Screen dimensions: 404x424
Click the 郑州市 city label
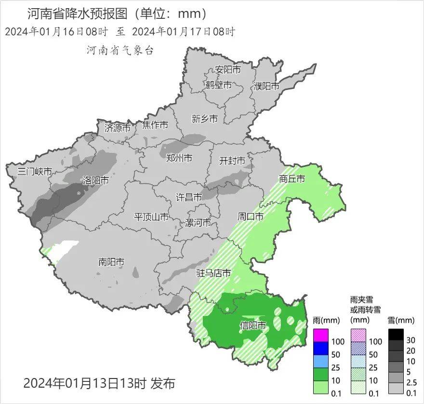179,158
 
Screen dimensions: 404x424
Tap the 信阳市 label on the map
253,326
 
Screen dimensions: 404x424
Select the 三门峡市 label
34,172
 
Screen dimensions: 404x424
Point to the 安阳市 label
228,70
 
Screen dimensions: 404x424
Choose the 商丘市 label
292,179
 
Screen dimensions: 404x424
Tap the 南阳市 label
111,262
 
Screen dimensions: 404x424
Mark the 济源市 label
118,128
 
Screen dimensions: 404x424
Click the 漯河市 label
198,223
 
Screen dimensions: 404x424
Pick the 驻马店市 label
213,274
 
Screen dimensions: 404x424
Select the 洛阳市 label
95,181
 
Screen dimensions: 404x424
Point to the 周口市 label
251,217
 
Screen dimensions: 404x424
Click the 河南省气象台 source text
119,50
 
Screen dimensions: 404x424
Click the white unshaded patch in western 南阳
63,250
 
